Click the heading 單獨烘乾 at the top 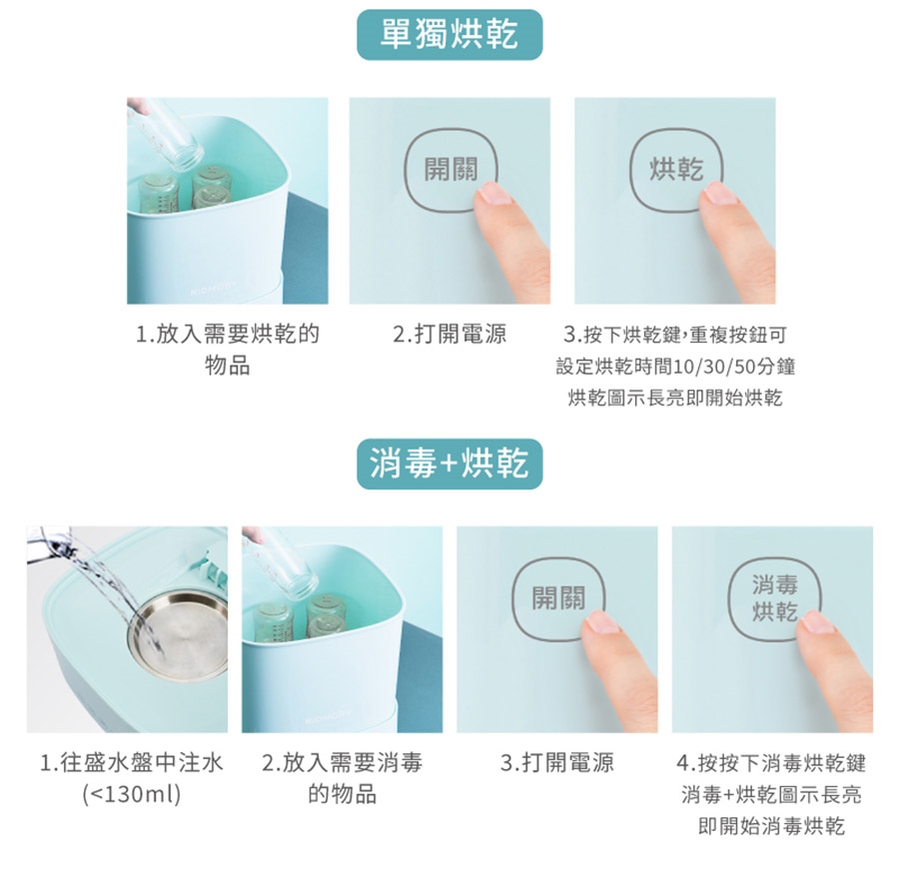coord(449,34)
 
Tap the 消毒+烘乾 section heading coord(449,463)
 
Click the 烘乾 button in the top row coord(676,170)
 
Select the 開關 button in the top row coord(450,170)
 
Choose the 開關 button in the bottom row coord(557,598)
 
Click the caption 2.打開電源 coord(449,335)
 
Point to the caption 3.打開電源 coord(557,763)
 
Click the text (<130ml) coord(132,795)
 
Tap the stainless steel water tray coord(179,637)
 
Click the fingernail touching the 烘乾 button coord(719,193)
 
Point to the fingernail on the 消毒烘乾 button coord(817,621)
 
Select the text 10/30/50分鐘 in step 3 coord(734,366)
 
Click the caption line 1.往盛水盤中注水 coord(131,763)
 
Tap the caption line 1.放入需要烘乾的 coord(227,335)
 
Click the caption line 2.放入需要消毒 coord(343,763)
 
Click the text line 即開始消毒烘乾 coord(772,826)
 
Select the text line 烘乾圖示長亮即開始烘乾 coord(675,398)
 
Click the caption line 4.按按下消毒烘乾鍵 coord(772,763)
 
